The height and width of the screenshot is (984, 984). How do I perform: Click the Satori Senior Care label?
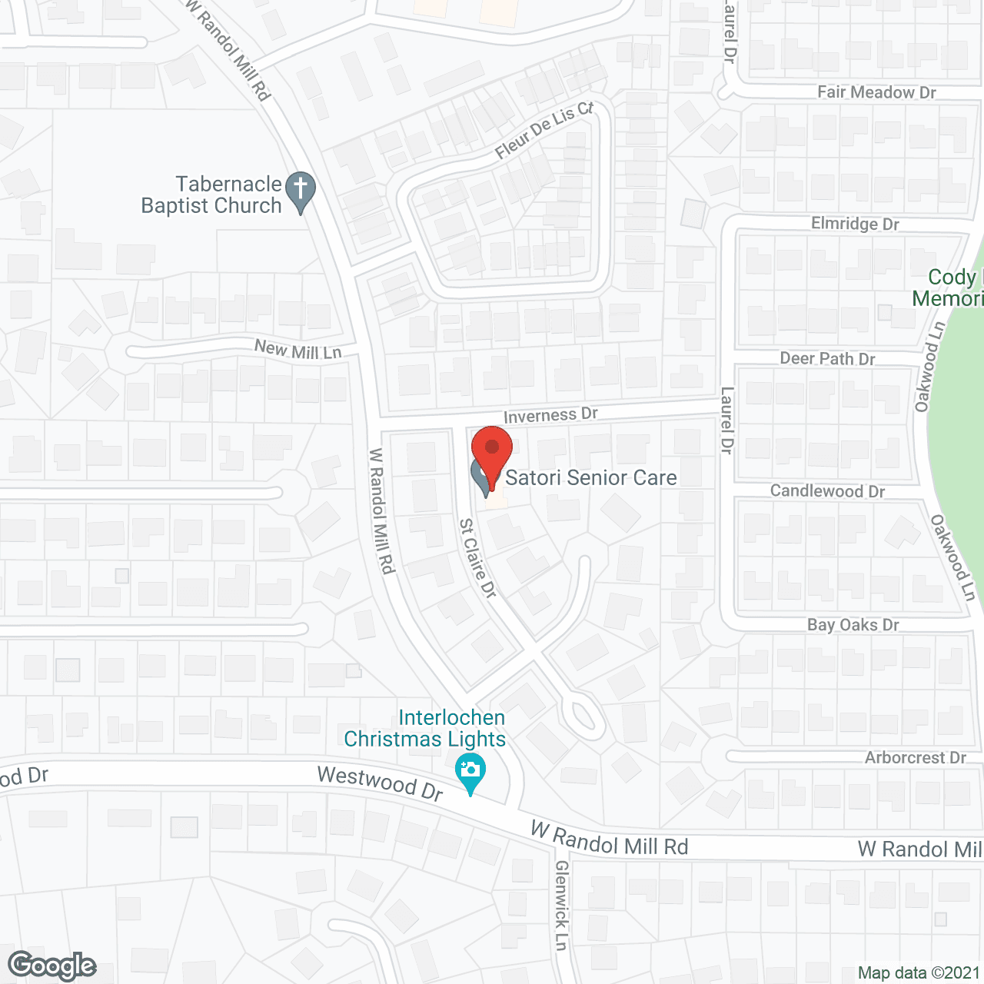pos(590,477)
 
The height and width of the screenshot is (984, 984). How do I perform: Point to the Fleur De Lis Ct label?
pos(544,130)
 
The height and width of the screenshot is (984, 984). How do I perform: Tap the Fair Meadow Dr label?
pos(876,92)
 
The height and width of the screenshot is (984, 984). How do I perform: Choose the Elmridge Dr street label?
pos(855,224)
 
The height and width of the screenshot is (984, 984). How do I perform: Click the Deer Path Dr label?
pos(827,359)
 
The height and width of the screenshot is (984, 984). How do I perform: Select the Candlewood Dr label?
pos(827,491)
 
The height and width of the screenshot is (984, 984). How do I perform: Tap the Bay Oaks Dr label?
pos(853,625)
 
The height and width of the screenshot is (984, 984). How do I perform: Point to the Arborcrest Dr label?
pos(915,758)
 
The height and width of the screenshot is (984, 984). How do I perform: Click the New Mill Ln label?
pos(298,351)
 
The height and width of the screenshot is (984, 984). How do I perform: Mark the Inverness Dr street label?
pos(550,415)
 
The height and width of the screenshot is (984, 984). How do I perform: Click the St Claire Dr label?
pos(478,558)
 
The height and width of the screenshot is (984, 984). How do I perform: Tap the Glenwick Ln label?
pos(562,905)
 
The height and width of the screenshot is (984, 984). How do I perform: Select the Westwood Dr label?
pos(381,783)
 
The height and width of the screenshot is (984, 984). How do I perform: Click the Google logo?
pos(52,966)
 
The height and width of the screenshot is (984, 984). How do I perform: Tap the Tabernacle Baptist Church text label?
pos(212,195)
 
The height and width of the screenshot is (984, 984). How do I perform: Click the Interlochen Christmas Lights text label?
pos(425,728)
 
